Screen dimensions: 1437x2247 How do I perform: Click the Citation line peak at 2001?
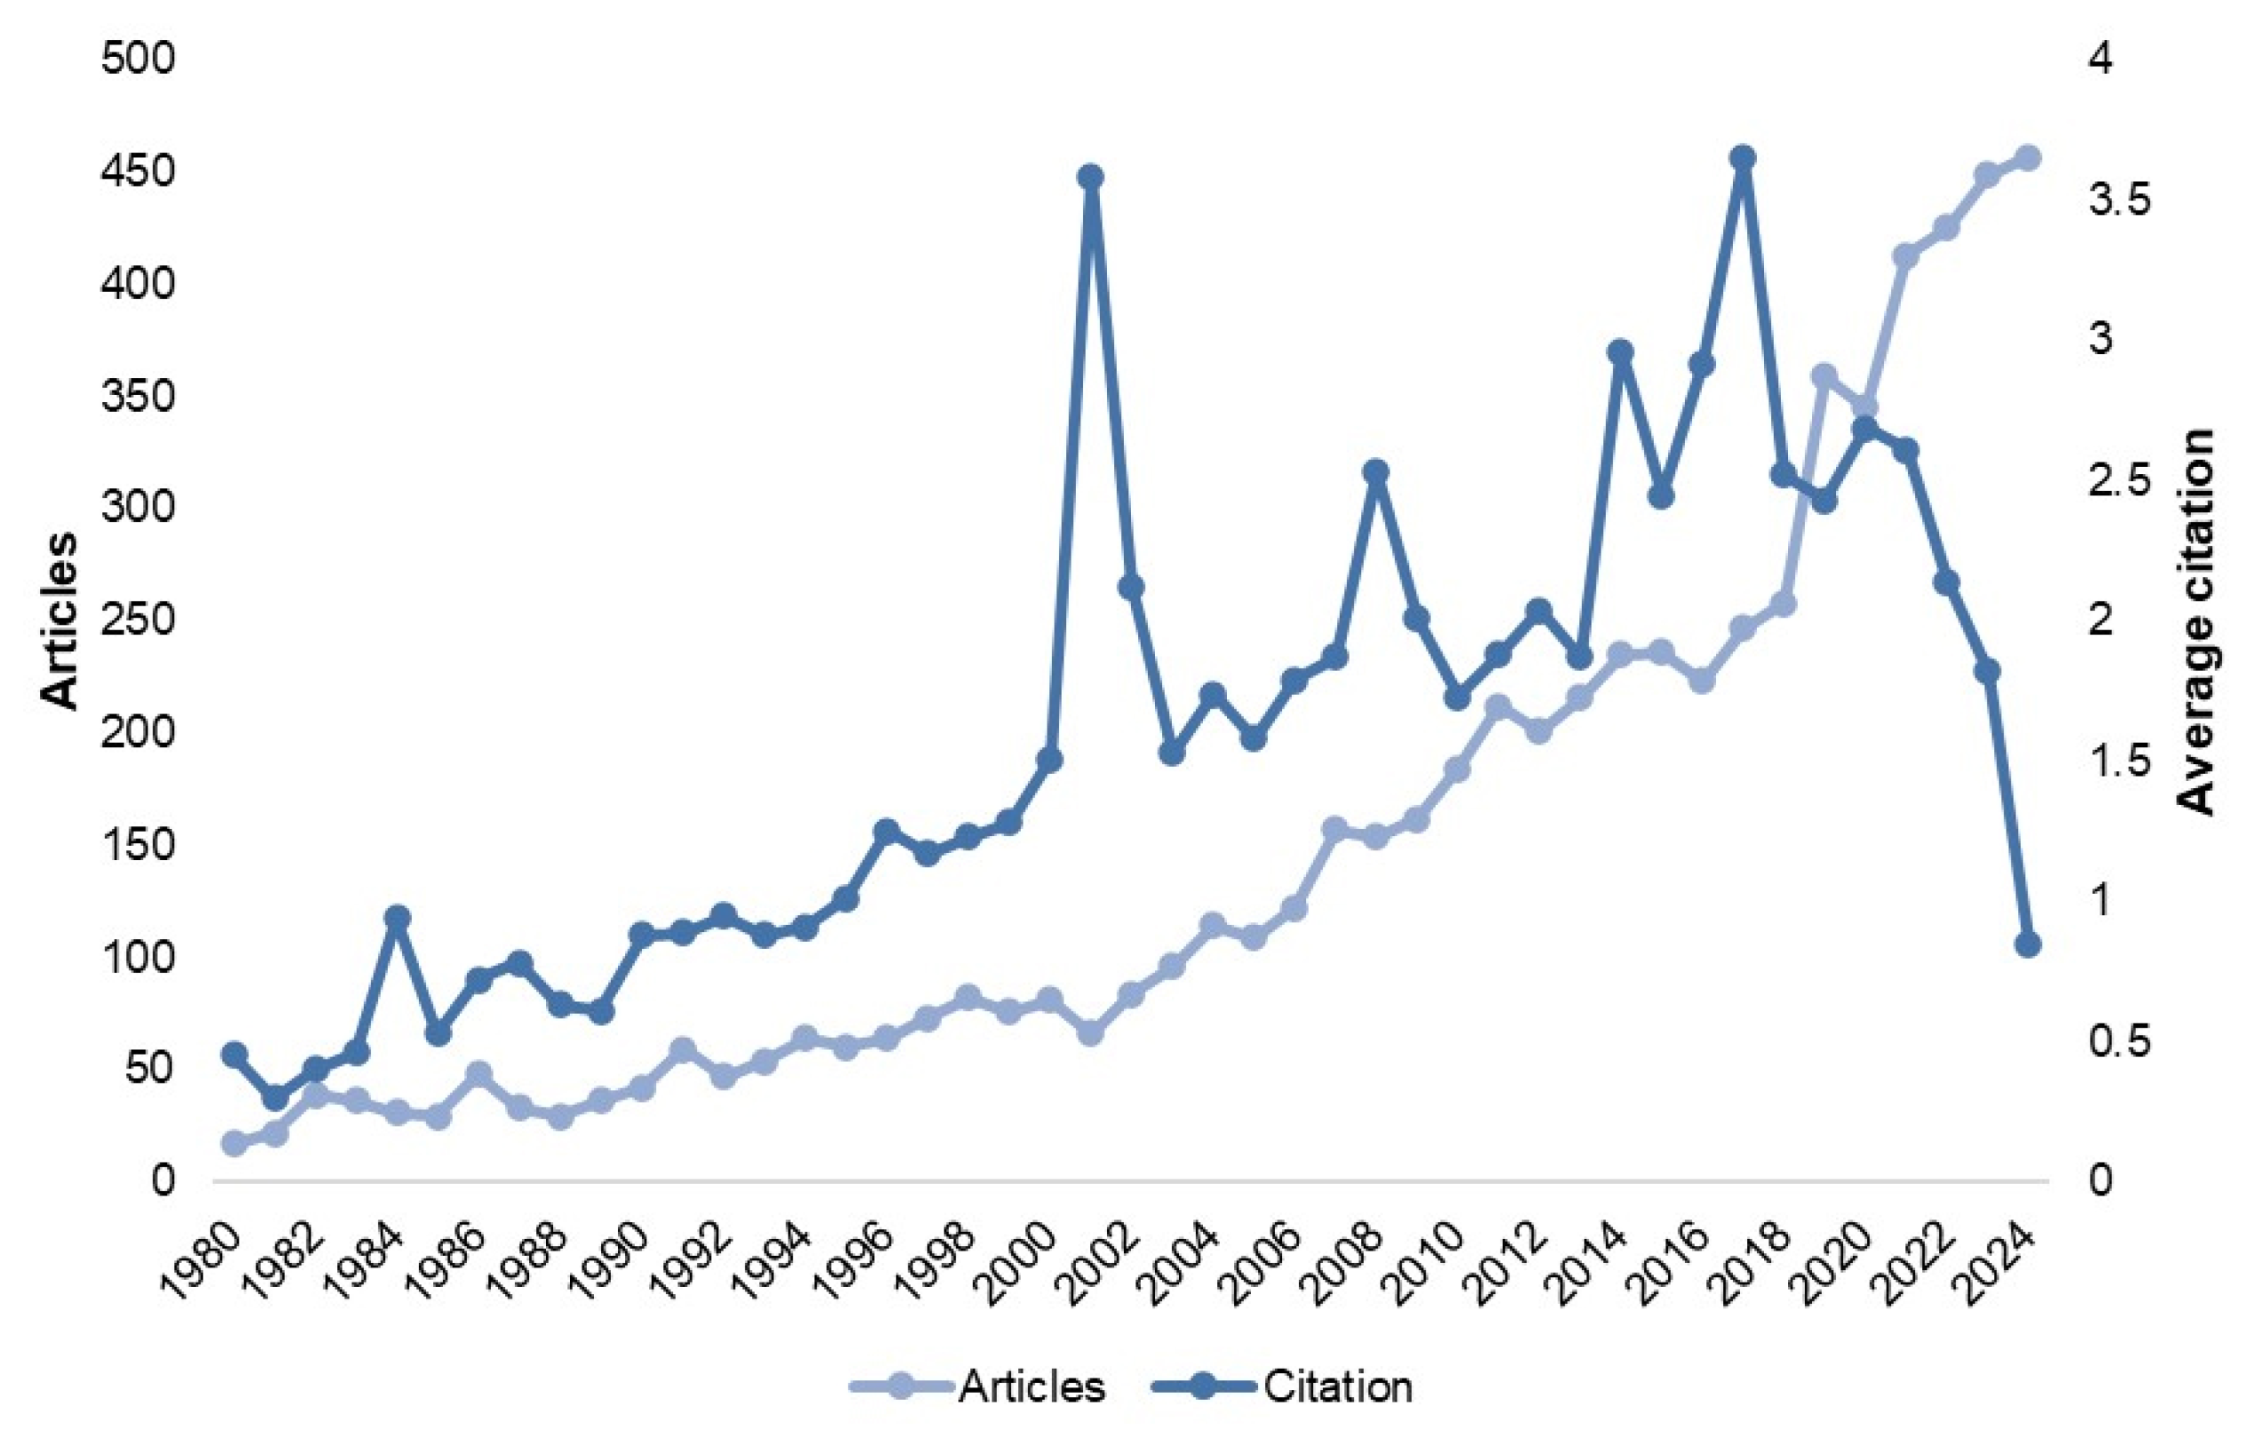click(1090, 177)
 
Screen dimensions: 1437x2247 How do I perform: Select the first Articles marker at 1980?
click(233, 1143)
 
